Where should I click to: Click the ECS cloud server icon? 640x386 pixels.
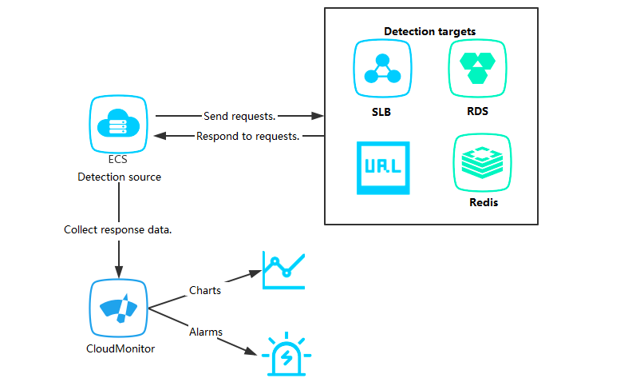[x=118, y=124]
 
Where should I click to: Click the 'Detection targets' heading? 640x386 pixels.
[x=430, y=31]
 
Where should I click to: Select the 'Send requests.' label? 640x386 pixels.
[x=239, y=116]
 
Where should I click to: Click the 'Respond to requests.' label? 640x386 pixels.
[x=247, y=136]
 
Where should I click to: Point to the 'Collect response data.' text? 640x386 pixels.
[x=119, y=229]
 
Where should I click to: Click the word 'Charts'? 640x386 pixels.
[x=205, y=290]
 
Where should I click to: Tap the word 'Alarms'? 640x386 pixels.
[x=206, y=331]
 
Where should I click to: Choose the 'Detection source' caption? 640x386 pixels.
[x=119, y=177]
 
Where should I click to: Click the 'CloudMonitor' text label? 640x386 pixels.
[x=120, y=348]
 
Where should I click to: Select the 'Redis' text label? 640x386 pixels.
[x=484, y=202]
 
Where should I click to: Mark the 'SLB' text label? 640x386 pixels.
[x=381, y=111]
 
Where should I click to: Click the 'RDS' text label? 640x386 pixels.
[x=477, y=111]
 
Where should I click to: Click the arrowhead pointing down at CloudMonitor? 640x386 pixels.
[x=119, y=269]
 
